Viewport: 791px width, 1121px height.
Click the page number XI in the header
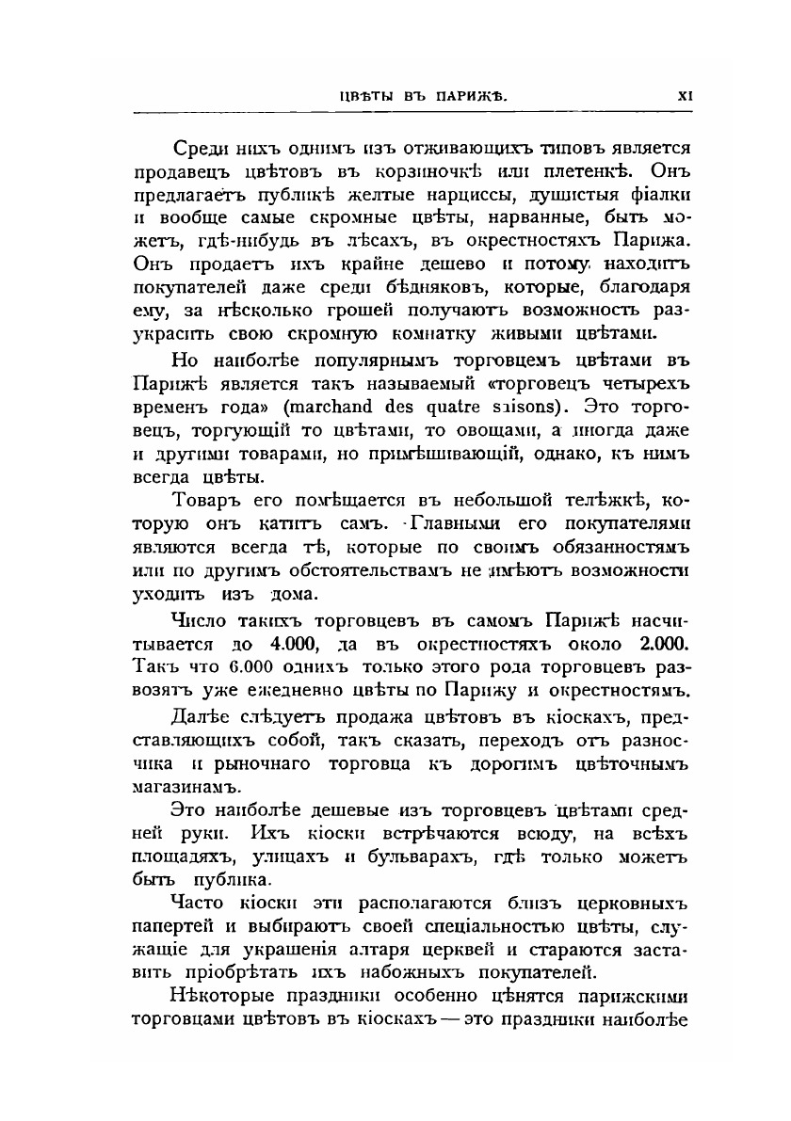tap(685, 94)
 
